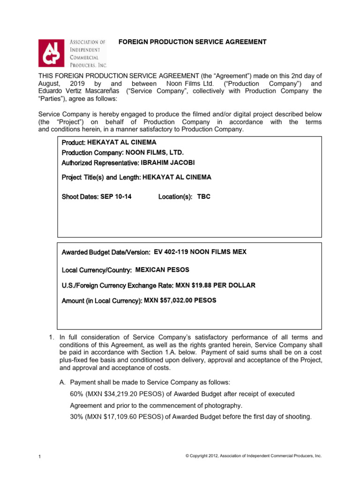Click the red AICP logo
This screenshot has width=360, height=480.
52,52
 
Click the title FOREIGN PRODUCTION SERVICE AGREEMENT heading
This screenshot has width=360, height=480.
192,42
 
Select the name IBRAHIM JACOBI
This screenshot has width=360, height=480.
167,163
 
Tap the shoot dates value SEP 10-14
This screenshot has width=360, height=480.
116,197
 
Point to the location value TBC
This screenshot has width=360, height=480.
204,197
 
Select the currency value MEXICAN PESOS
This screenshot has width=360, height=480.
162,270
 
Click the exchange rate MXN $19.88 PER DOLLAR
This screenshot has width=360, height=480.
215,285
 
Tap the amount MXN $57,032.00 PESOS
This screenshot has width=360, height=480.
180,300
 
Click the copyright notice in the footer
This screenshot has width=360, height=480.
254,456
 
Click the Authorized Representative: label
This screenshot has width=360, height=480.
100,163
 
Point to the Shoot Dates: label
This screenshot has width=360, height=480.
80,197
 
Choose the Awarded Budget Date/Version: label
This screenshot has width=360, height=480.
106,253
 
